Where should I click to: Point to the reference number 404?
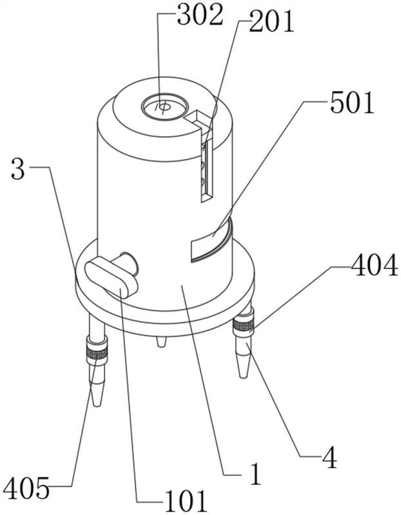coord(374,266)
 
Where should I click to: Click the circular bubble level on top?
coord(164,107)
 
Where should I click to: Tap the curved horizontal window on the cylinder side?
coord(211,241)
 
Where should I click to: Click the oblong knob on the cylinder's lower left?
coord(110,277)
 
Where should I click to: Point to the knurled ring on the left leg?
coord(97,353)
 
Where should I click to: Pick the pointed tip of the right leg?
coord(242,372)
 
